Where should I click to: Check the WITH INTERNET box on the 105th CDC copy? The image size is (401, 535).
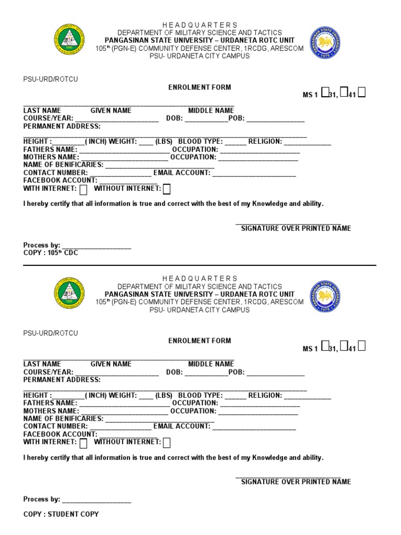coord(83,189)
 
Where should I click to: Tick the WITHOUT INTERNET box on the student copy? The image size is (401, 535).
coord(167,443)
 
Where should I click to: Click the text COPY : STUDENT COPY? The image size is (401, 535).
coord(61,514)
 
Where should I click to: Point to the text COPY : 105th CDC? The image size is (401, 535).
coord(50,252)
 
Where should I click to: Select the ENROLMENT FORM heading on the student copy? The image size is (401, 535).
coord(199,341)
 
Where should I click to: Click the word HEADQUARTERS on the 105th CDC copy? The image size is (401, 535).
coord(199,25)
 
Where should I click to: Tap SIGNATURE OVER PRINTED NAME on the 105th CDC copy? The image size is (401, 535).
coord(296,228)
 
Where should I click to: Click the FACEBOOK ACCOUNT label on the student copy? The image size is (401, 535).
coord(60,434)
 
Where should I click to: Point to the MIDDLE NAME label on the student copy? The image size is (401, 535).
coord(211,364)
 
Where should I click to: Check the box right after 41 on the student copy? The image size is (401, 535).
coord(361,346)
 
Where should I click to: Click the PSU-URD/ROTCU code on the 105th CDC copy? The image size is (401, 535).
coord(51,79)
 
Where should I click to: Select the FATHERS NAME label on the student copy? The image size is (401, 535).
coord(50,403)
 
